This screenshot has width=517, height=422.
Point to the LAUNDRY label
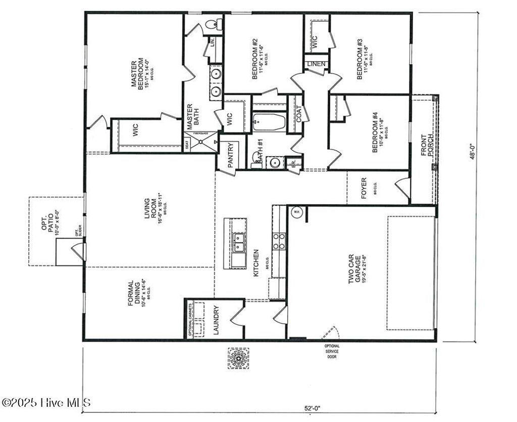(215, 320)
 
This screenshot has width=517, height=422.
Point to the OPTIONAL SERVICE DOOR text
(332, 351)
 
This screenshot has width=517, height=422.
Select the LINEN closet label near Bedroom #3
(317, 64)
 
